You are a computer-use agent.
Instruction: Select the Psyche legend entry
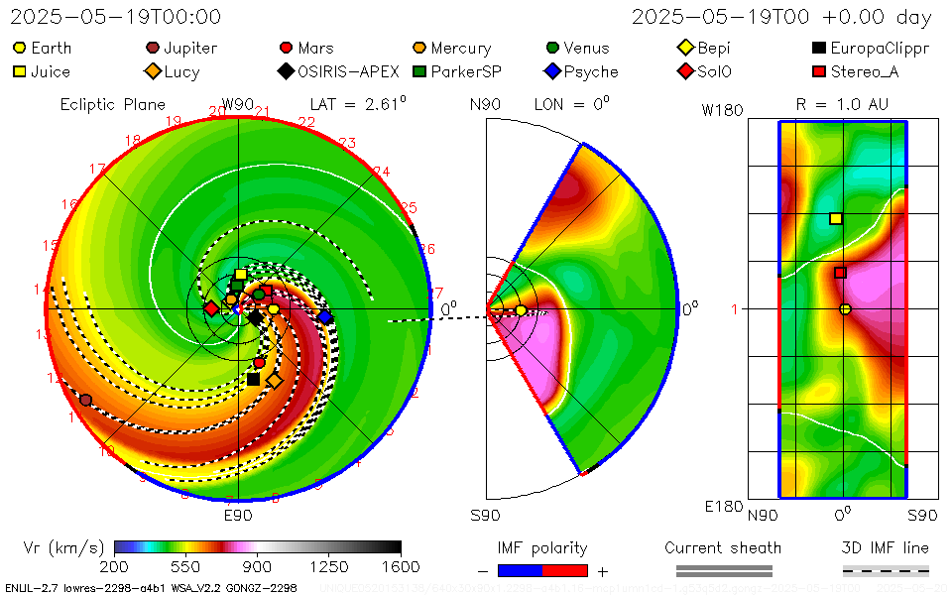pyautogui.click(x=582, y=71)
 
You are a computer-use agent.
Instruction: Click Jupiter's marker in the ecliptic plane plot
pyautogui.click(x=85, y=400)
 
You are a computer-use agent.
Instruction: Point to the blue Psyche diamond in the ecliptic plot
pyautogui.click(x=324, y=316)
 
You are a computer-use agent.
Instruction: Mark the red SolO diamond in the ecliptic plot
pyautogui.click(x=211, y=308)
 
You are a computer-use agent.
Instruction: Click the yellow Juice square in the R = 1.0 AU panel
pyautogui.click(x=836, y=218)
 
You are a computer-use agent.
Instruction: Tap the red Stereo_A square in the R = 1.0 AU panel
pyautogui.click(x=840, y=273)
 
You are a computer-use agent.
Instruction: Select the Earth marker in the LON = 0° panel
pyautogui.click(x=521, y=310)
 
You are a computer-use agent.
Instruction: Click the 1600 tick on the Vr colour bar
pyautogui.click(x=401, y=565)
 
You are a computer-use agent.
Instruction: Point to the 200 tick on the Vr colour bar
pyautogui.click(x=115, y=565)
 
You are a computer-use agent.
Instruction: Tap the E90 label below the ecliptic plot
pyautogui.click(x=238, y=516)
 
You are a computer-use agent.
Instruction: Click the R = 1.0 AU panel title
pyautogui.click(x=842, y=103)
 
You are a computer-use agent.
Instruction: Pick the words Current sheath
pyautogui.click(x=723, y=547)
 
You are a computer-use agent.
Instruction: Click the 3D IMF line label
pyautogui.click(x=886, y=547)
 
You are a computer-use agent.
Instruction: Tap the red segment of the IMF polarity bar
pyautogui.click(x=565, y=570)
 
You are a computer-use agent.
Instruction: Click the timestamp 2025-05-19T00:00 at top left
pyautogui.click(x=116, y=17)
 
